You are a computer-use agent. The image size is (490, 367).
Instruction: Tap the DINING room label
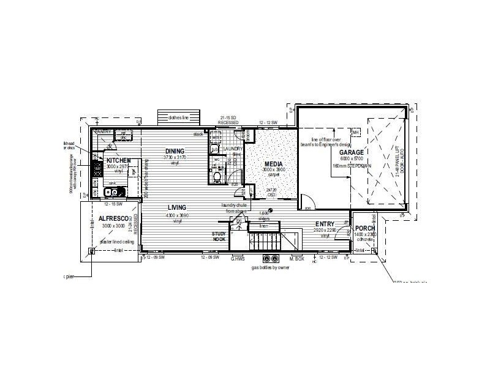(x=175, y=151)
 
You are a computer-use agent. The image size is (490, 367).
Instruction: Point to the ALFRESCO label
(x=112, y=218)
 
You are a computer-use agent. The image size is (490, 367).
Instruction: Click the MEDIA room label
(x=273, y=164)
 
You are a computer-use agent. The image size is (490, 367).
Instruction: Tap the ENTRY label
(x=325, y=224)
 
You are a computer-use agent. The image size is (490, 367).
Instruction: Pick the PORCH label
(x=364, y=228)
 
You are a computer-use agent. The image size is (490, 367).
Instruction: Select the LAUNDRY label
(x=233, y=149)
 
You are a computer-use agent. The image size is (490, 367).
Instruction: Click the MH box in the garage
(x=355, y=132)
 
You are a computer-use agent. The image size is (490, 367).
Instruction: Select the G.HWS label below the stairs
(x=238, y=259)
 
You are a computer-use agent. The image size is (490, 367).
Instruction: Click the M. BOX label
(x=296, y=259)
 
